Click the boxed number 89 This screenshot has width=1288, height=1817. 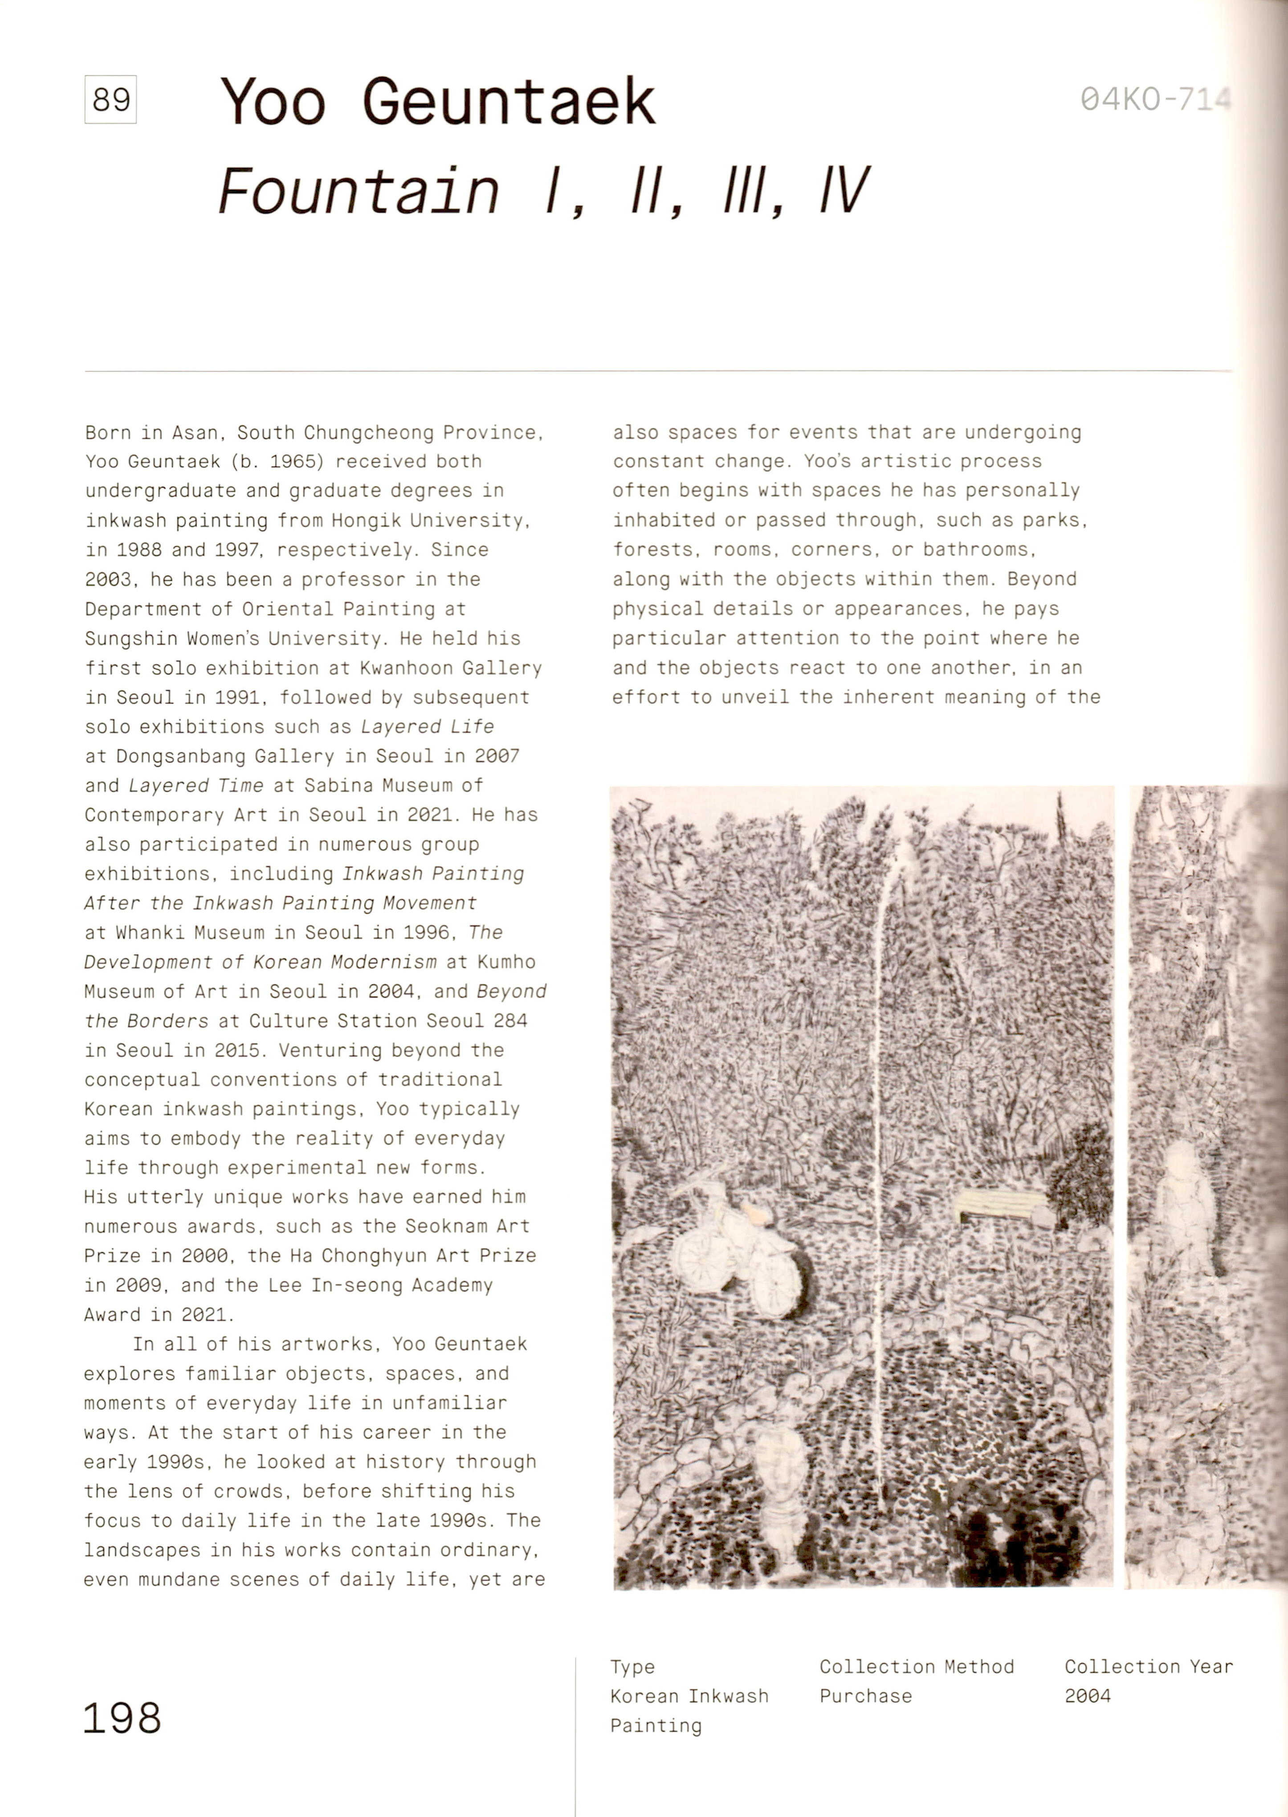(110, 100)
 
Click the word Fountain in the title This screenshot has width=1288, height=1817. (359, 192)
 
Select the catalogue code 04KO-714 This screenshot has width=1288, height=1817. (1154, 99)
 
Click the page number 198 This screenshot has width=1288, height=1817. (122, 1719)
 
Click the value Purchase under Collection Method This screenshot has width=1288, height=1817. (865, 1696)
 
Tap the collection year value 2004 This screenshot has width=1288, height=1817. (1087, 1696)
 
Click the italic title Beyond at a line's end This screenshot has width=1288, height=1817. (512, 992)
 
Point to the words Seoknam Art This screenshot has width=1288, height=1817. (466, 1226)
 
